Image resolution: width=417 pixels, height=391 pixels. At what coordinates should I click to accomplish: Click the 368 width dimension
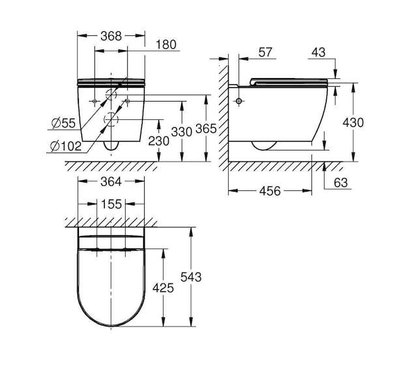point(111,36)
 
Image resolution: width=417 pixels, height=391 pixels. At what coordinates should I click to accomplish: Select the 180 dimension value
point(165,44)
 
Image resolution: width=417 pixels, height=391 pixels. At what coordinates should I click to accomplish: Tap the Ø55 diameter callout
point(64,123)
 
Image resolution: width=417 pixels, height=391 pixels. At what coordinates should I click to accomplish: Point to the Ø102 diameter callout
point(66,146)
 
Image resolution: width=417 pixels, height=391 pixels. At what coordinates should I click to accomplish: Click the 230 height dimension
point(158,141)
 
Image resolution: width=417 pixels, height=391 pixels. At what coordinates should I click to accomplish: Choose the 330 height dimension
point(182,132)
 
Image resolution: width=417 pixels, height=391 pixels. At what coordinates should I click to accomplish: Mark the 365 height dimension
point(206,129)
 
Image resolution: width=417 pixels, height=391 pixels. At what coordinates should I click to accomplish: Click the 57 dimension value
point(265,52)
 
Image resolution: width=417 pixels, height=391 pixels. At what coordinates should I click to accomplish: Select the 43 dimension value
point(319,52)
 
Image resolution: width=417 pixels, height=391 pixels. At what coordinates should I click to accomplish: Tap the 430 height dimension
point(353,123)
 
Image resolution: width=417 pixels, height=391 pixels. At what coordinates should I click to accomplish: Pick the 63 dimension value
point(341,182)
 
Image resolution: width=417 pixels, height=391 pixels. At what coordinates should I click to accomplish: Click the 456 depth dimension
point(270,191)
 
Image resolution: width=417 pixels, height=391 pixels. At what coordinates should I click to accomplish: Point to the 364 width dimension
point(111,182)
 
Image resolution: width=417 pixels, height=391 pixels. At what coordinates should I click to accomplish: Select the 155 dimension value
point(111,204)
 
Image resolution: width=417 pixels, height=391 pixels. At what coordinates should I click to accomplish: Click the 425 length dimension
point(163,287)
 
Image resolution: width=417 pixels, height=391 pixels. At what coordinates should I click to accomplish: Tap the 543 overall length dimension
point(191,277)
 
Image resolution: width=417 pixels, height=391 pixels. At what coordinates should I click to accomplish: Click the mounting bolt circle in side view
point(239,101)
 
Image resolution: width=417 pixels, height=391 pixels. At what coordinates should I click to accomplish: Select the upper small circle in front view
point(111,94)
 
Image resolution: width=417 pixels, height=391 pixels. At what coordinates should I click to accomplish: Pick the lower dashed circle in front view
point(111,119)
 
